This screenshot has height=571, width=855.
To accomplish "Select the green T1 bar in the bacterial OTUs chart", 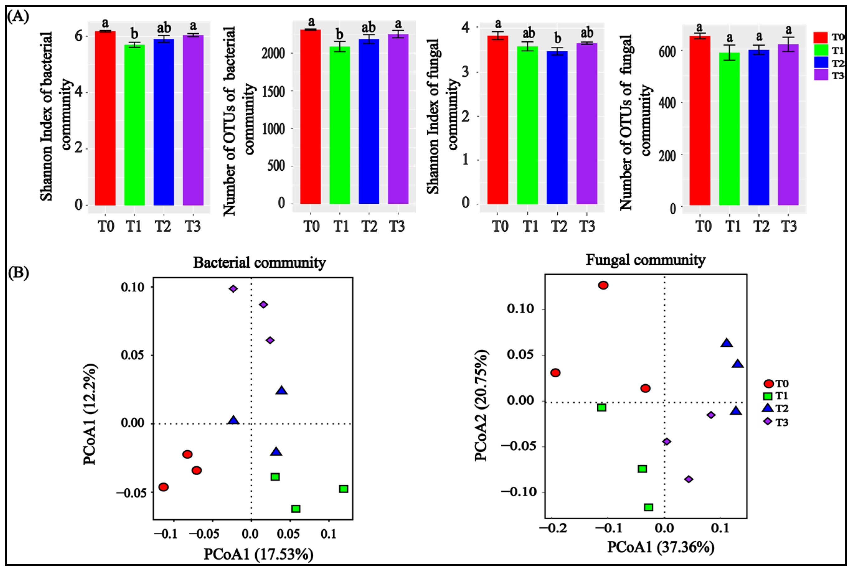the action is point(339,125).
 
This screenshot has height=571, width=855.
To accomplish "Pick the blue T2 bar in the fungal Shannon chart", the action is point(557,128).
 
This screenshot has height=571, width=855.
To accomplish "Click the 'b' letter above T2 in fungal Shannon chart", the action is point(557,38).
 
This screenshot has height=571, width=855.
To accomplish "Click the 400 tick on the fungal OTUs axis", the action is point(667,103).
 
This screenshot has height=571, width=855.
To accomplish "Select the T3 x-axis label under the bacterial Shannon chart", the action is point(192,226).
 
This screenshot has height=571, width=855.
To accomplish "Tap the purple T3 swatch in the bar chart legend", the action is point(820,75).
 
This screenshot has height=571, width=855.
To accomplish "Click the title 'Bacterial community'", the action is point(259,262).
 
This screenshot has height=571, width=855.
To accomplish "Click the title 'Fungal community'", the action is point(645,260).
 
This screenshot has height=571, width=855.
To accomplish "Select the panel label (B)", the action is point(18,273).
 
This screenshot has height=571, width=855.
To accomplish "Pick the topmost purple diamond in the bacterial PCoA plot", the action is point(233,289).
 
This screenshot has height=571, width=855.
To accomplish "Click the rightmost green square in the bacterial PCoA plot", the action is point(343,489).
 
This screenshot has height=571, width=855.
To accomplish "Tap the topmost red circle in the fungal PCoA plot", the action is point(603,285).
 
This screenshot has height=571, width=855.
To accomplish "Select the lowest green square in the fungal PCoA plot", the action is point(649,507).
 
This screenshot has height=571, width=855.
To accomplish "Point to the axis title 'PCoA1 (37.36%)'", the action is point(660,547).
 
